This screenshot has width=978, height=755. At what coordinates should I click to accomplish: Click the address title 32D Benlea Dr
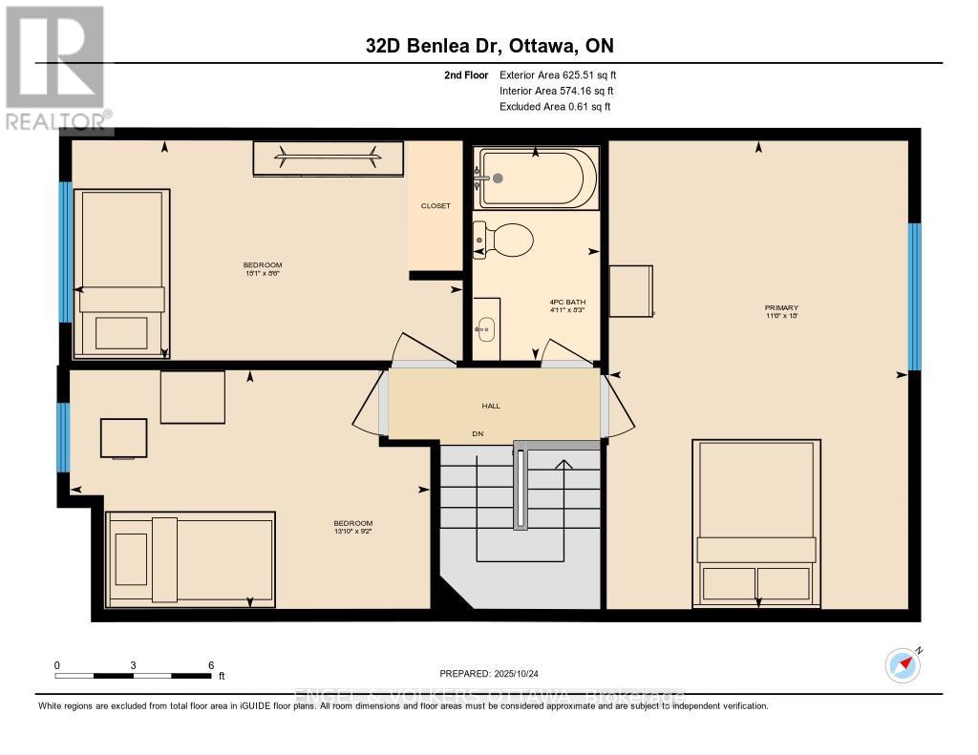tap(488, 46)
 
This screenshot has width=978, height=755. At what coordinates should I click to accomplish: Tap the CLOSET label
tap(436, 206)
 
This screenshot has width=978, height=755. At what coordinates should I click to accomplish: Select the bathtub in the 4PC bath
tap(537, 178)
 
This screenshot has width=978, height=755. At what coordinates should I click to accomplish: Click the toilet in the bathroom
tap(506, 239)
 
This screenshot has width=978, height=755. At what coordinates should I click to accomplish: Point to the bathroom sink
tap(486, 329)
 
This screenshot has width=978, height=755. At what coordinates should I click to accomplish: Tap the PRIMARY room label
tap(780, 307)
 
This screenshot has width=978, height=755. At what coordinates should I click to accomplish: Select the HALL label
tap(491, 406)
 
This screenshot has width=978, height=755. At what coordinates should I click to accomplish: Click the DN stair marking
tap(478, 433)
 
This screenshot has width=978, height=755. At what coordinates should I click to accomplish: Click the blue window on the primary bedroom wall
tap(914, 296)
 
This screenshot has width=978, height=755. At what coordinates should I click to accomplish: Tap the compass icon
tap(903, 664)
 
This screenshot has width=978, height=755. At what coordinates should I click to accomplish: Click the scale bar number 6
tap(211, 664)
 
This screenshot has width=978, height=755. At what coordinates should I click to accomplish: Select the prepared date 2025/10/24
tap(521, 672)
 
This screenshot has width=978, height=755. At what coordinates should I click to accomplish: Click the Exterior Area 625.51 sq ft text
tap(563, 74)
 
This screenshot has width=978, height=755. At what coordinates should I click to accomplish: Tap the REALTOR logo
tap(55, 67)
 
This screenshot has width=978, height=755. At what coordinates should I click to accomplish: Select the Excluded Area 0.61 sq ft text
tap(554, 107)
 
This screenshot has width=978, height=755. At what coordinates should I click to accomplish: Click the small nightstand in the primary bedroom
tap(630, 291)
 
